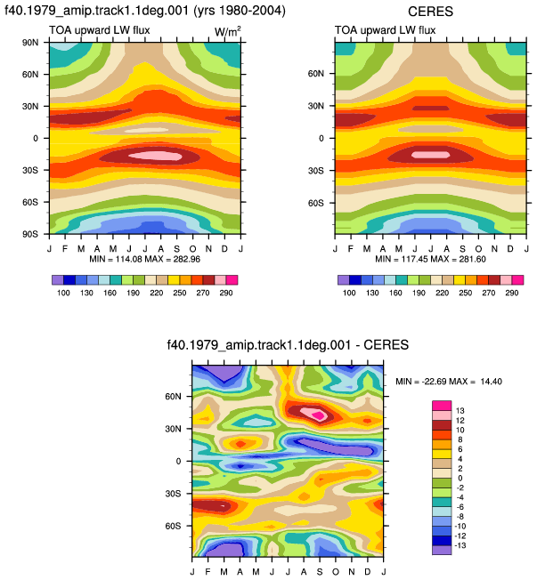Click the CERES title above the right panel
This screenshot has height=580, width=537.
tap(430, 12)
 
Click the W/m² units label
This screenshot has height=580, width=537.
tap(228, 32)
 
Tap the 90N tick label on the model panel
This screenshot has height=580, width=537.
tap(30, 43)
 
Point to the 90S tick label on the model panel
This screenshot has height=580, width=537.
tap(30, 234)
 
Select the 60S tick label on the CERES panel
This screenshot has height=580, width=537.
tap(315, 203)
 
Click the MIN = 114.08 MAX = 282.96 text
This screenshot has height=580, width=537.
tap(145, 259)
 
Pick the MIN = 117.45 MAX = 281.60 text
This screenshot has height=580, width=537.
tap(430, 259)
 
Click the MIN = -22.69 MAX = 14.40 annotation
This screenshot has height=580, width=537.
tap(449, 382)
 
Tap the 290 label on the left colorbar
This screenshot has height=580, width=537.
tap(226, 293)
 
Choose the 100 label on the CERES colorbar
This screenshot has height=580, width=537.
tap(349, 293)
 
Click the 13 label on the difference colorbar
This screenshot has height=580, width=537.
tap(460, 411)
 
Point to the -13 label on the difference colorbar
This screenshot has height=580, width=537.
tap(460, 545)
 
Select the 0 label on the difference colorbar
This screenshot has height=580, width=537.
tap(460, 478)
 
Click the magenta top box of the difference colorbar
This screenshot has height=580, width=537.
tap(442, 406)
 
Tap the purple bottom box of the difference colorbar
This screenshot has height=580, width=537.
tap(442, 550)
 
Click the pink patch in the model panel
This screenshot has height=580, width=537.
tap(156, 156)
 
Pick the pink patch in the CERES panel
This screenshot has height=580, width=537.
tap(430, 155)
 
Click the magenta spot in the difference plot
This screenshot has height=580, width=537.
tap(318, 415)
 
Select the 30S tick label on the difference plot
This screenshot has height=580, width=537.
tap(173, 494)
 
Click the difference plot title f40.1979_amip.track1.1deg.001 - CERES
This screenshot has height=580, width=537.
tap(288, 345)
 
